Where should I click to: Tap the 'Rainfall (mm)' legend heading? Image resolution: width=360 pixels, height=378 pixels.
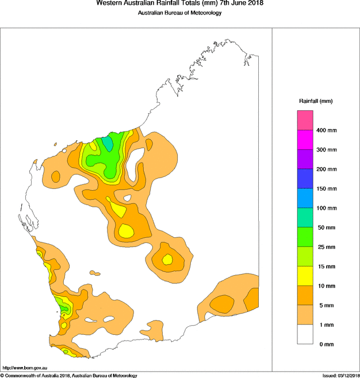click(x=315, y=101)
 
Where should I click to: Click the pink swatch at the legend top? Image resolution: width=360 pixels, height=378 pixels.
click(x=305, y=121)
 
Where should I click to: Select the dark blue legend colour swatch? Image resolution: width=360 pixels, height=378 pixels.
click(x=305, y=179)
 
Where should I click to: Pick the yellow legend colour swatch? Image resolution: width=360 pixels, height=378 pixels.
click(x=305, y=276)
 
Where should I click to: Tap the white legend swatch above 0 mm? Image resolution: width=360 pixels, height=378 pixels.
click(x=305, y=334)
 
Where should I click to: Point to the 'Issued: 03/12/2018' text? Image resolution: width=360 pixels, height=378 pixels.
click(x=340, y=375)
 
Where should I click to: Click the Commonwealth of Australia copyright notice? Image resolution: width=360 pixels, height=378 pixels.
click(x=69, y=375)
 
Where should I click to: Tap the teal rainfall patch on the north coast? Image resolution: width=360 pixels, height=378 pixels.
click(x=107, y=143)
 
